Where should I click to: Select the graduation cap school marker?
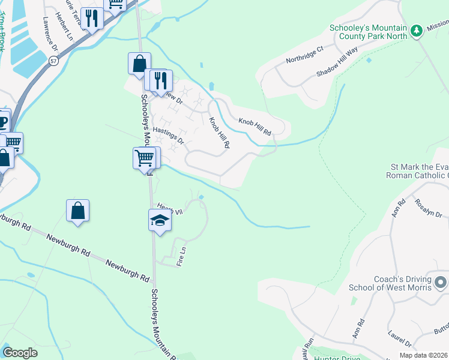tap(160, 220)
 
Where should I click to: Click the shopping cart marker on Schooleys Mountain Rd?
tap(144, 158)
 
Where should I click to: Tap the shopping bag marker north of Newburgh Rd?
tap(78, 211)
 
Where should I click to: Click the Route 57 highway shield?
tap(54, 61)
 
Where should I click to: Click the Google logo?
tap(20, 353)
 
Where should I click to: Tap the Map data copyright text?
tap(424, 355)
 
